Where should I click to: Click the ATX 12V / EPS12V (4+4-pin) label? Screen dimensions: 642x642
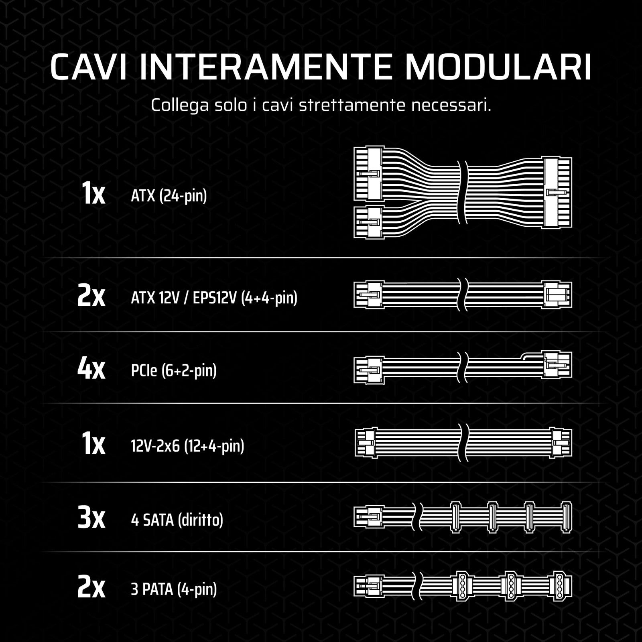pyautogui.click(x=214, y=298)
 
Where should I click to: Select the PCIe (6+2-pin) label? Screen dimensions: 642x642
pyautogui.click(x=174, y=370)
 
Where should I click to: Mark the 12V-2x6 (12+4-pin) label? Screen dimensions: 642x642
pyautogui.click(x=187, y=445)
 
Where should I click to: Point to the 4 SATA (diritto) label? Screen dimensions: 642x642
pyautogui.click(x=177, y=520)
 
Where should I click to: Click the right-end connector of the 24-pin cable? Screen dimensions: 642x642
pyautogui.click(x=557, y=193)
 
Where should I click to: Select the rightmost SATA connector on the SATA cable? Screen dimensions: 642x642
pyautogui.click(x=567, y=518)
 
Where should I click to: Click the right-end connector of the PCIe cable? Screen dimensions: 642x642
pyautogui.click(x=557, y=365)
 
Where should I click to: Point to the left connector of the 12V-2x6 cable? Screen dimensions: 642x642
pyautogui.click(x=366, y=443)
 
